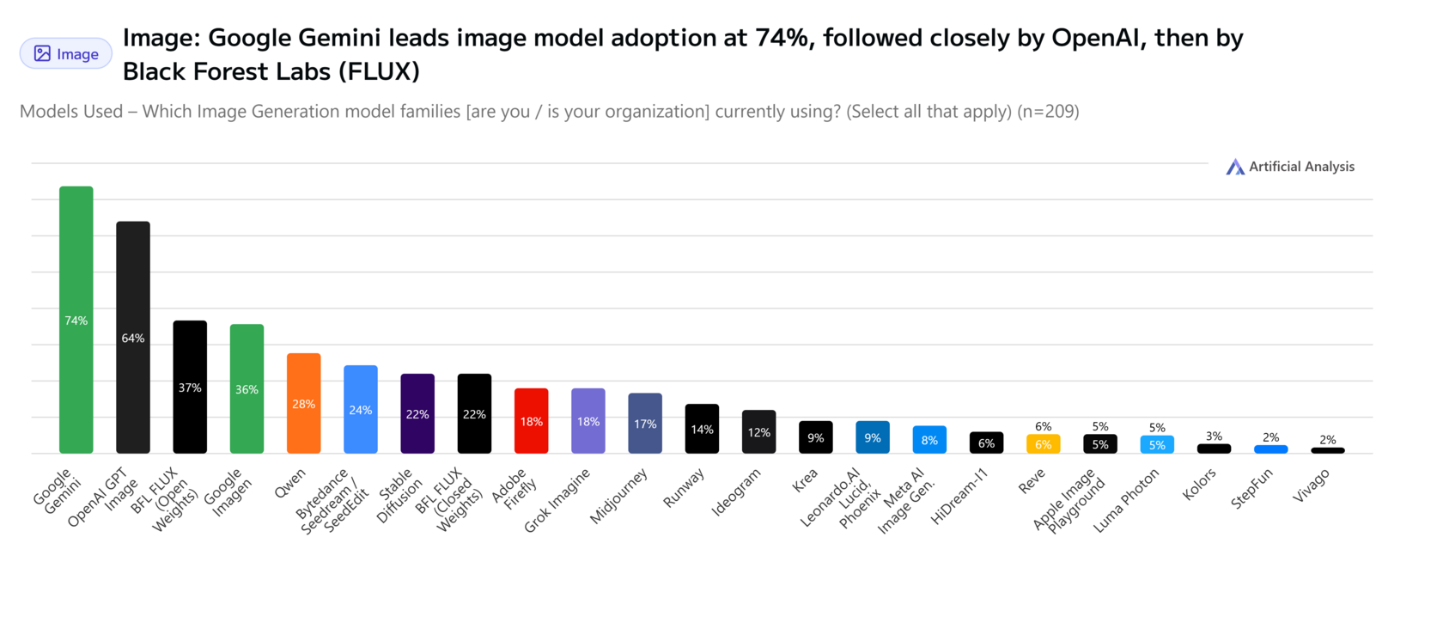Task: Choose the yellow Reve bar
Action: click(x=1044, y=444)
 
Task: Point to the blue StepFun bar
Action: click(x=1270, y=449)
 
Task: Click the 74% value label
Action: click(x=76, y=320)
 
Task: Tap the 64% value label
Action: click(x=133, y=339)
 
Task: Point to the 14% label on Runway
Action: click(x=702, y=430)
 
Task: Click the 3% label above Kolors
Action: click(x=1214, y=436)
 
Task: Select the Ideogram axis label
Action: click(x=736, y=492)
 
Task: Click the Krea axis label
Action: click(x=805, y=481)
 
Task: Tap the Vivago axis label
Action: click(x=1311, y=486)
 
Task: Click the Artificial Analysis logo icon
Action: click(x=1235, y=167)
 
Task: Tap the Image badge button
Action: click(x=66, y=54)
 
